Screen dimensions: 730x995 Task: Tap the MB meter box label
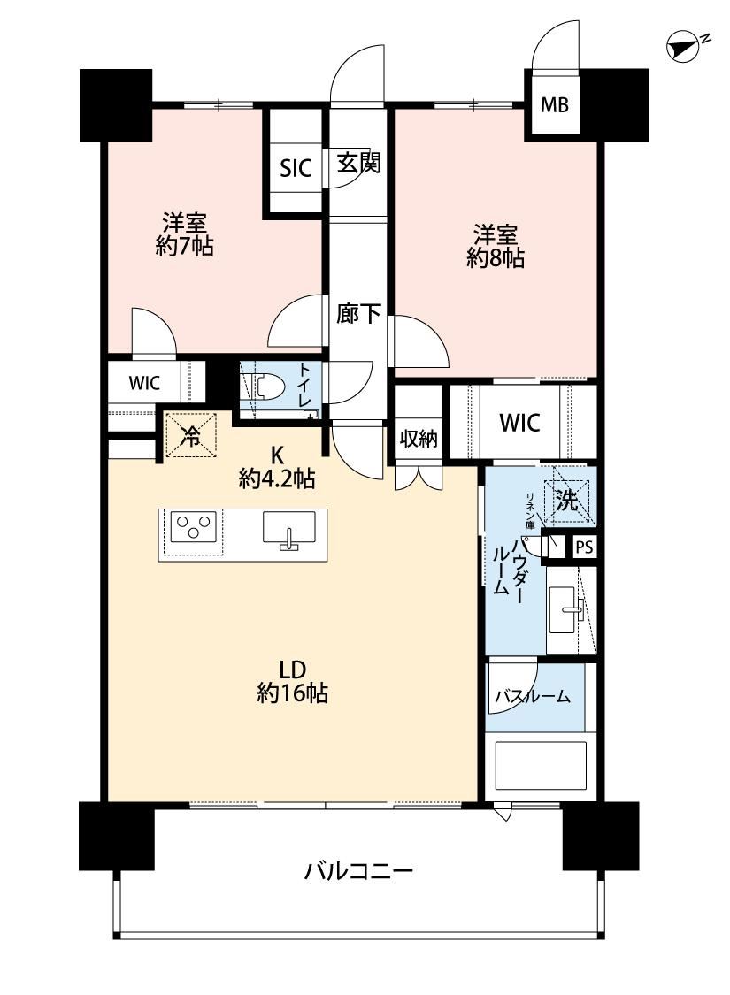pos(554,104)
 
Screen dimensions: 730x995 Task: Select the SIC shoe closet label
pos(296,168)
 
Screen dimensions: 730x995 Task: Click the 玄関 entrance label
pos(358,163)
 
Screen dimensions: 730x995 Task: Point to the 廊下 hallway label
pos(358,313)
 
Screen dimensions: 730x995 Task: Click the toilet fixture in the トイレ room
pos(264,387)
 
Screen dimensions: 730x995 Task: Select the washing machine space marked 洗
pos(567,500)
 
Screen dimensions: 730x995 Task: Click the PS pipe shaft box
pos(584,547)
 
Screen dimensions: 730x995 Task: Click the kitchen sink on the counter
pos(288,530)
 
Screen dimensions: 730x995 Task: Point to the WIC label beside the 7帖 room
pos(145,383)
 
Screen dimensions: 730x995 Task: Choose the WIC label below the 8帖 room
pos(520,422)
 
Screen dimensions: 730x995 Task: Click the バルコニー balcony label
pos(358,870)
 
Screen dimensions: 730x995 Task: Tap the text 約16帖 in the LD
pos(293,693)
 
